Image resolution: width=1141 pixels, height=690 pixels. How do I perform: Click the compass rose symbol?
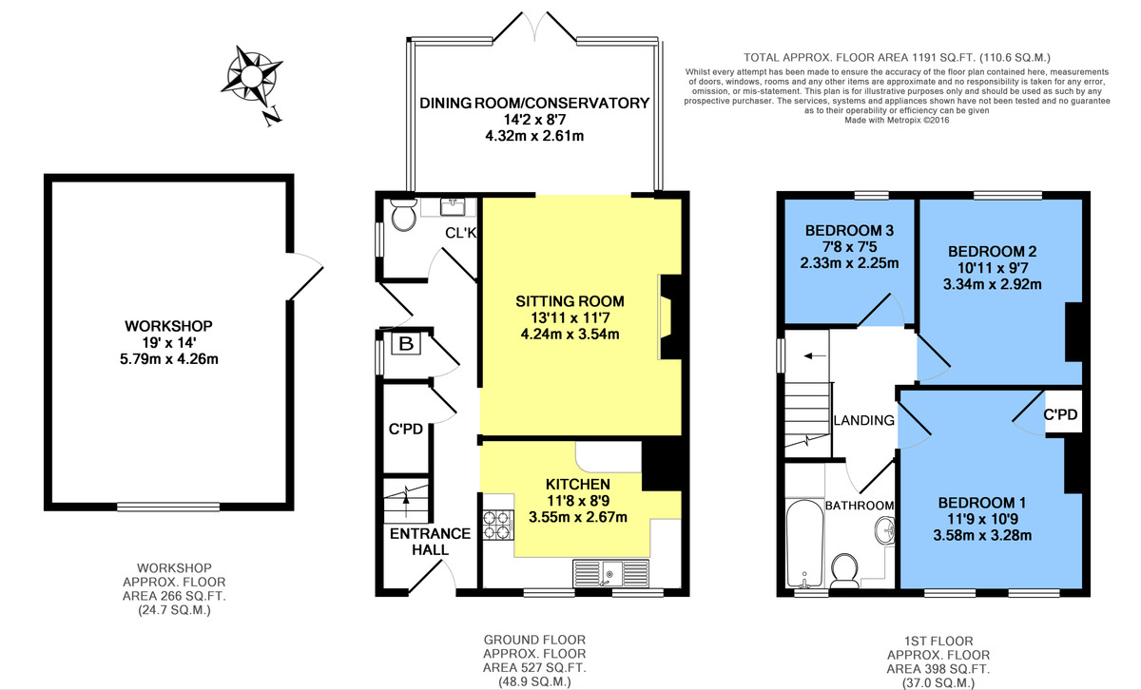[x=251, y=77]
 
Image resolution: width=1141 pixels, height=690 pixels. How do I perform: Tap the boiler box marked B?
[x=406, y=344]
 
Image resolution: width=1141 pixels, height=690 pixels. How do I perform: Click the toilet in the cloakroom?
[x=404, y=215]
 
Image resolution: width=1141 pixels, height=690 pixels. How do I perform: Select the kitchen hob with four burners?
[x=497, y=525]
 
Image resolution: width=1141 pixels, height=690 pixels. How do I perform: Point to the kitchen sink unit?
[x=610, y=573]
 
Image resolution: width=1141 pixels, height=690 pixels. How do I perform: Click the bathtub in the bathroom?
[x=804, y=543]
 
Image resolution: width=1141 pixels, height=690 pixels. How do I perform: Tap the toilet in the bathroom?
[x=844, y=571]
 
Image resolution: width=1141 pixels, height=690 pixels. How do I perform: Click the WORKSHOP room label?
[x=168, y=326]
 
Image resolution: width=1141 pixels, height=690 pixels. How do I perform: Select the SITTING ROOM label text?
[x=570, y=301]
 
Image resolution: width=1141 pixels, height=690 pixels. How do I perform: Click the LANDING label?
[x=864, y=420]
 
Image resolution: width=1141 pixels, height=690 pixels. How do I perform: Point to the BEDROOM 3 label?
[x=849, y=231]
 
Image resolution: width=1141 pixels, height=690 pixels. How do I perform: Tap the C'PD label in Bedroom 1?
[x=1060, y=414]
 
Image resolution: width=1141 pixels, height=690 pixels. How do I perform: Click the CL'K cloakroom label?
[x=460, y=233]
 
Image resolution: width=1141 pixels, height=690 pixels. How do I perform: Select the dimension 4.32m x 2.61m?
[x=534, y=136]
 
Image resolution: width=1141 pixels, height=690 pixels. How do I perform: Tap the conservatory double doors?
[x=534, y=27]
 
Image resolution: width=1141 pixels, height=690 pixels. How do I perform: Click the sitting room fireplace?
[x=670, y=316]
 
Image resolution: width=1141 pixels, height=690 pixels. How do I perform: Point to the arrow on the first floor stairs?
[x=814, y=356]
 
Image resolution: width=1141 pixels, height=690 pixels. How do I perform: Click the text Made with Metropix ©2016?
[x=897, y=120]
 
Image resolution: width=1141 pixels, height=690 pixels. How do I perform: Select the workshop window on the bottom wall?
[x=168, y=507]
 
